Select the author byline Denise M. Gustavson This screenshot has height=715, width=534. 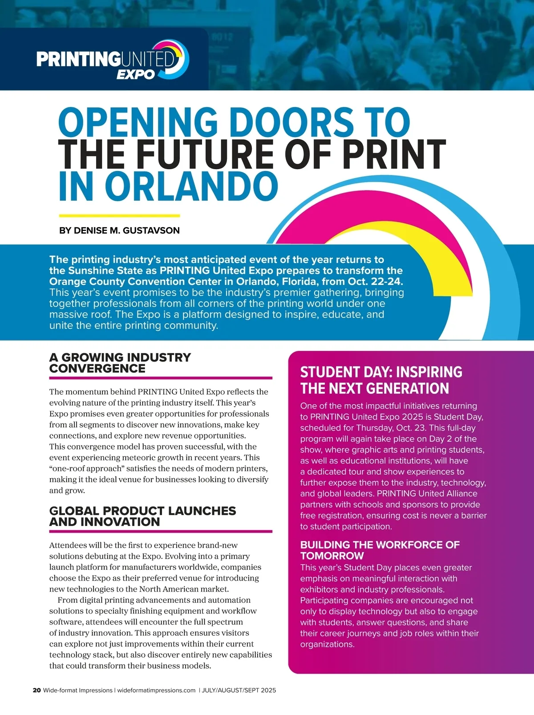point(119,231)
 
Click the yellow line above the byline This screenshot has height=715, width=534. point(119,216)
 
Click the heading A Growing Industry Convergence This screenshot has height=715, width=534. point(120,363)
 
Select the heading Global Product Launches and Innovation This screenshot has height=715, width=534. point(142,516)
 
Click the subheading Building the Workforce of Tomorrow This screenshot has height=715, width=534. point(380,550)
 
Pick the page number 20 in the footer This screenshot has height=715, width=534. point(36,691)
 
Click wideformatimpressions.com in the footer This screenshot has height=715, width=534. point(156,691)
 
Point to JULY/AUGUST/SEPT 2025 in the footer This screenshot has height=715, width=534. point(239,691)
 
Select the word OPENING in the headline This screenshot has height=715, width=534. point(138,122)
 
